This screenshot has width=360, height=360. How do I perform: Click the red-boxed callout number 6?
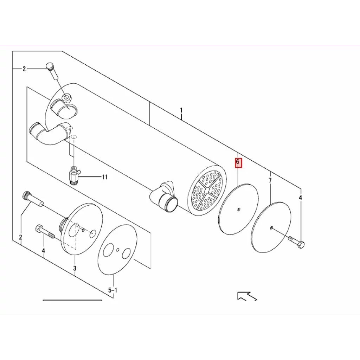click(238, 162)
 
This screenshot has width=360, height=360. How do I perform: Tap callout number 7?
click(270, 180)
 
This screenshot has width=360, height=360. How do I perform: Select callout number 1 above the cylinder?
click(181, 110)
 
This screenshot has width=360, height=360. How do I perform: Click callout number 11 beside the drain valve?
click(105, 177)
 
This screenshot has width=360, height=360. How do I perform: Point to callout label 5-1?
click(113, 290)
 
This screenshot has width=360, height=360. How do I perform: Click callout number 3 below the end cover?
click(75, 268)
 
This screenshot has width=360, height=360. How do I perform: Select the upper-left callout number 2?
click(24, 69)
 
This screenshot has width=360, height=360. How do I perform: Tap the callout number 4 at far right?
click(300, 198)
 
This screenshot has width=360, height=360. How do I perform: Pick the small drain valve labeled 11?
click(74, 175)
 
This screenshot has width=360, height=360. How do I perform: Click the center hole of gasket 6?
click(239, 209)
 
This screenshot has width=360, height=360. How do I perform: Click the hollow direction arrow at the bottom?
click(246, 296)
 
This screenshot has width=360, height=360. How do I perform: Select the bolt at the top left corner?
click(52, 71)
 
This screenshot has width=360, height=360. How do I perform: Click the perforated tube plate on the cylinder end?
click(207, 190)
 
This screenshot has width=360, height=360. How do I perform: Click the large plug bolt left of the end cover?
click(33, 198)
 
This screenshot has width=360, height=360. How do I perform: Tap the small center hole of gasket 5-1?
click(118, 250)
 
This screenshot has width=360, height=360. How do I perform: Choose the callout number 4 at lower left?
click(43, 251)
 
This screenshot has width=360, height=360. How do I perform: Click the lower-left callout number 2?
click(21, 237)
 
